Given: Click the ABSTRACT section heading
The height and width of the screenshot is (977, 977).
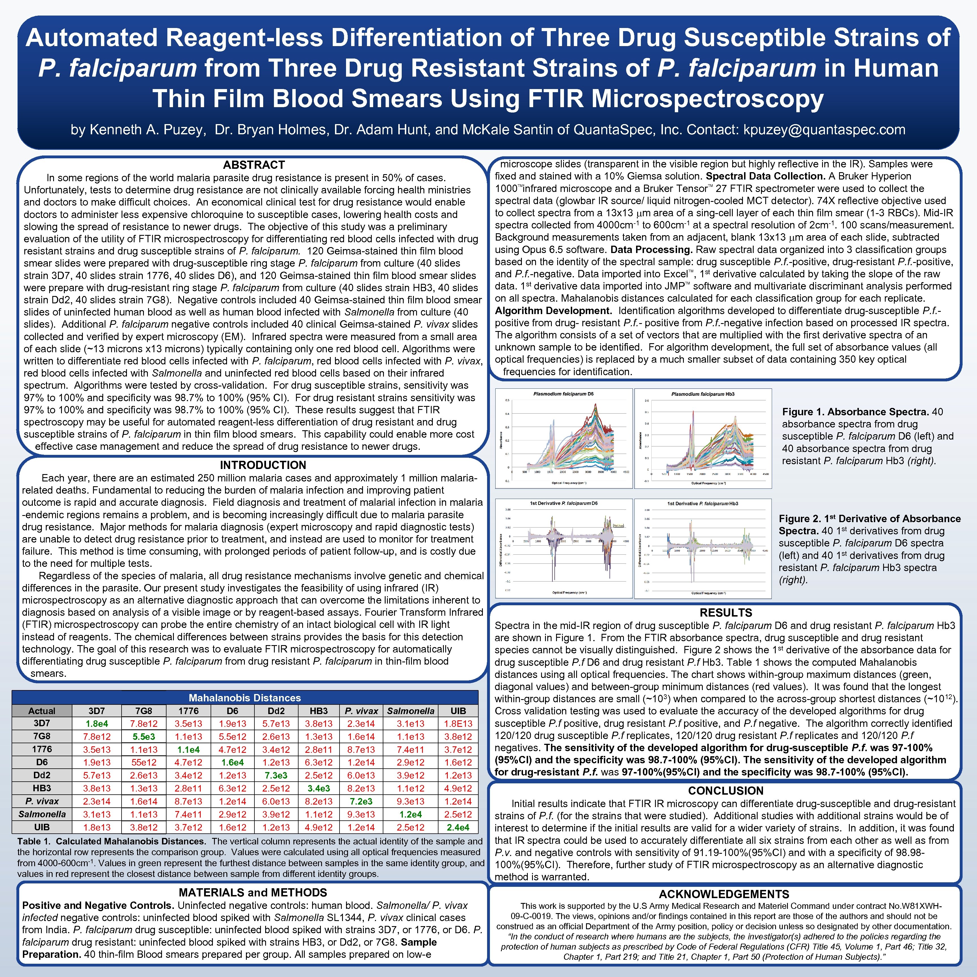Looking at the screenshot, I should click(254, 165).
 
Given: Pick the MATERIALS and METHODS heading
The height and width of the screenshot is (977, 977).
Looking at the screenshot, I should click(253, 892).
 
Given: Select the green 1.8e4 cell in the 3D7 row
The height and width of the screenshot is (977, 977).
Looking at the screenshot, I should click(97, 724).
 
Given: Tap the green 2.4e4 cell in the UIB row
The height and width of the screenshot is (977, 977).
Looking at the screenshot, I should click(458, 827).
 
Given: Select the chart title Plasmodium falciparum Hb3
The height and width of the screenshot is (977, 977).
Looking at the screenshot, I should click(703, 394).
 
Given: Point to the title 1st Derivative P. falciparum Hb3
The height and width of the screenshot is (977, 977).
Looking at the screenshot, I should click(703, 504).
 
